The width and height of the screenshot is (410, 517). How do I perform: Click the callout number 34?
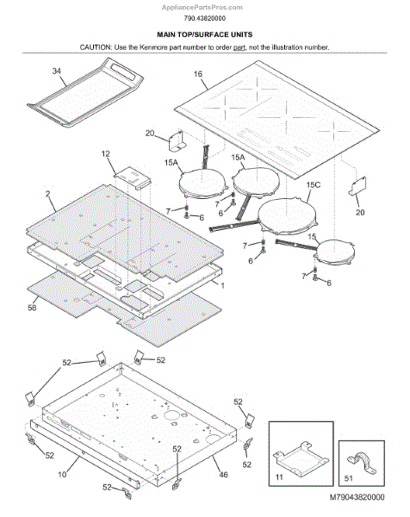(57, 71)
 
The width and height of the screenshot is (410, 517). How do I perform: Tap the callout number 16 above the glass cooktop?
(198, 74)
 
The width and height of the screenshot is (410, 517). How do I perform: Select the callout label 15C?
(314, 184)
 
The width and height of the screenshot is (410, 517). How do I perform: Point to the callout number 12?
(105, 153)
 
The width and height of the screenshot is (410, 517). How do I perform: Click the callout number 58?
(32, 308)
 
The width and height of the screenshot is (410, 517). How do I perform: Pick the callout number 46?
(223, 475)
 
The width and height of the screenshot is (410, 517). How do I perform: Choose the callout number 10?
(62, 474)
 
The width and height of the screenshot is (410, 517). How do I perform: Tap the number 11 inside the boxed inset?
(279, 477)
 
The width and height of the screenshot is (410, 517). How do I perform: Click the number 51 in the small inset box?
(348, 478)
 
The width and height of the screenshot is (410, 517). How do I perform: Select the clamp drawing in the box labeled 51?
(361, 461)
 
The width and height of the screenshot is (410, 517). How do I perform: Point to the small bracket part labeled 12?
(133, 178)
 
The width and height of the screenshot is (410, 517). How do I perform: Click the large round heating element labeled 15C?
(288, 216)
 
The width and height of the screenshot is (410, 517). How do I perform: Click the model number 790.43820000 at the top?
(205, 18)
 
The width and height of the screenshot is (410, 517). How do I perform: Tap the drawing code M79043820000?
(357, 497)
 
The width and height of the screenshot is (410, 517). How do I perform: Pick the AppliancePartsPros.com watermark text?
(202, 7)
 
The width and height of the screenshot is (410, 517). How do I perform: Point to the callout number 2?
(48, 194)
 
